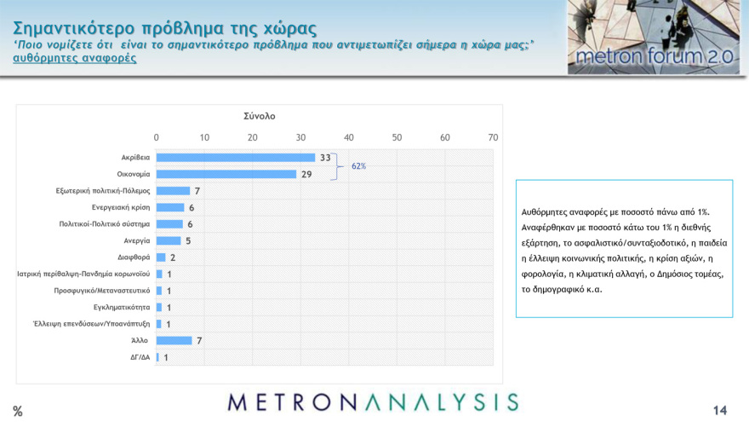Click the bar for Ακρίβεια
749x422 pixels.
click(x=236, y=158)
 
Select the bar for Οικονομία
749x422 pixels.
click(x=226, y=174)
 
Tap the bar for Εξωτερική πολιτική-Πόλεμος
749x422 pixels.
click(x=173, y=191)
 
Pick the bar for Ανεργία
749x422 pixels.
click(x=169, y=240)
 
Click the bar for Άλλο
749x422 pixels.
click(x=174, y=340)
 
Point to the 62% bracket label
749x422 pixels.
click(x=358, y=166)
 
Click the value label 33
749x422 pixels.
click(x=324, y=158)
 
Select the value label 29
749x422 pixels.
click(x=306, y=174)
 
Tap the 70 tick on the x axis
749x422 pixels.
click(x=493, y=137)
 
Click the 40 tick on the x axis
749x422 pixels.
click(x=348, y=137)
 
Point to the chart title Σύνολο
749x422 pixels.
click(x=259, y=116)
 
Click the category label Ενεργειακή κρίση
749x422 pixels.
click(x=121, y=207)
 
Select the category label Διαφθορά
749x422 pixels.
click(x=134, y=257)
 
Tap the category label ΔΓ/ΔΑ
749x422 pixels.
click(x=139, y=357)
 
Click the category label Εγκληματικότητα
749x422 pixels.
click(x=122, y=307)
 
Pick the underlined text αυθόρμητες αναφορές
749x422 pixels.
click(x=75, y=58)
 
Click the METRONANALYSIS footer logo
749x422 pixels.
click(x=373, y=402)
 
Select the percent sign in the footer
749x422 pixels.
click(x=17, y=412)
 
